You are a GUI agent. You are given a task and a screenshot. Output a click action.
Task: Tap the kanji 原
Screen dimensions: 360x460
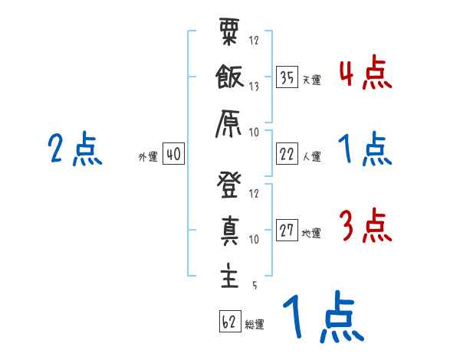[x=228, y=121]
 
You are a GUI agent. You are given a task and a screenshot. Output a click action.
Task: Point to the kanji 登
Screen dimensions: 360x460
[x=228, y=186]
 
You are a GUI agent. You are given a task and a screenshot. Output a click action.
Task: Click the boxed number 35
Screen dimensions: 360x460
[x=287, y=77]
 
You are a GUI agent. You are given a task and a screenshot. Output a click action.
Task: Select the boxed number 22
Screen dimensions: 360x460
[x=287, y=154]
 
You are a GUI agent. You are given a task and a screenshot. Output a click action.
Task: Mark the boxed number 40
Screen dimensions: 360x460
[x=173, y=154]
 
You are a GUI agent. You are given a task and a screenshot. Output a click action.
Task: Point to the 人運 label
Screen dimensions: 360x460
[x=311, y=156]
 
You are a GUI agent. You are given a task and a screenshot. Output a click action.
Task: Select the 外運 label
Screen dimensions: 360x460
[x=148, y=156]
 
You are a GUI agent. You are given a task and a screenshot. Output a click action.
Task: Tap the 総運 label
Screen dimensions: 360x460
[x=255, y=324]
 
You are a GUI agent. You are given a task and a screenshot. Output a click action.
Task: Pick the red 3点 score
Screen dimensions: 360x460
[x=365, y=227]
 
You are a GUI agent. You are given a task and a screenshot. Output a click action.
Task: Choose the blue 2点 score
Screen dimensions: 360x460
[x=75, y=149]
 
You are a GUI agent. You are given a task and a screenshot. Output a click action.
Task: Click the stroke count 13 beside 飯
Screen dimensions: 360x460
[x=254, y=86]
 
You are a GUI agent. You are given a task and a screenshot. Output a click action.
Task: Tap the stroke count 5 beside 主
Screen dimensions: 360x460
[x=254, y=284]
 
